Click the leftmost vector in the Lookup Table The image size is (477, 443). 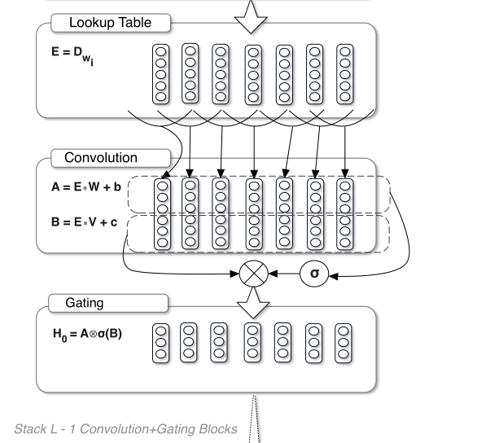[x=160, y=72]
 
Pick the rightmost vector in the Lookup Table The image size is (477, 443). [x=346, y=72]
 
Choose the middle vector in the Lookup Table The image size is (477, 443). [x=253, y=72]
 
